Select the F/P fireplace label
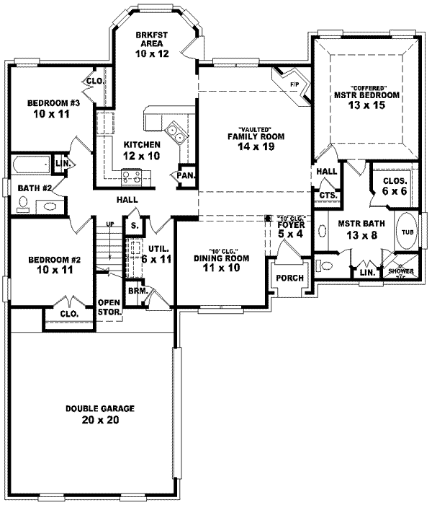(294, 84)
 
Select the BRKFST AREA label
(152, 39)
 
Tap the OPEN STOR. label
(109, 307)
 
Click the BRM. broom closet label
(135, 290)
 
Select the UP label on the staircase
(110, 225)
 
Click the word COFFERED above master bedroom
(365, 87)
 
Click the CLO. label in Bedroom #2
(68, 314)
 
